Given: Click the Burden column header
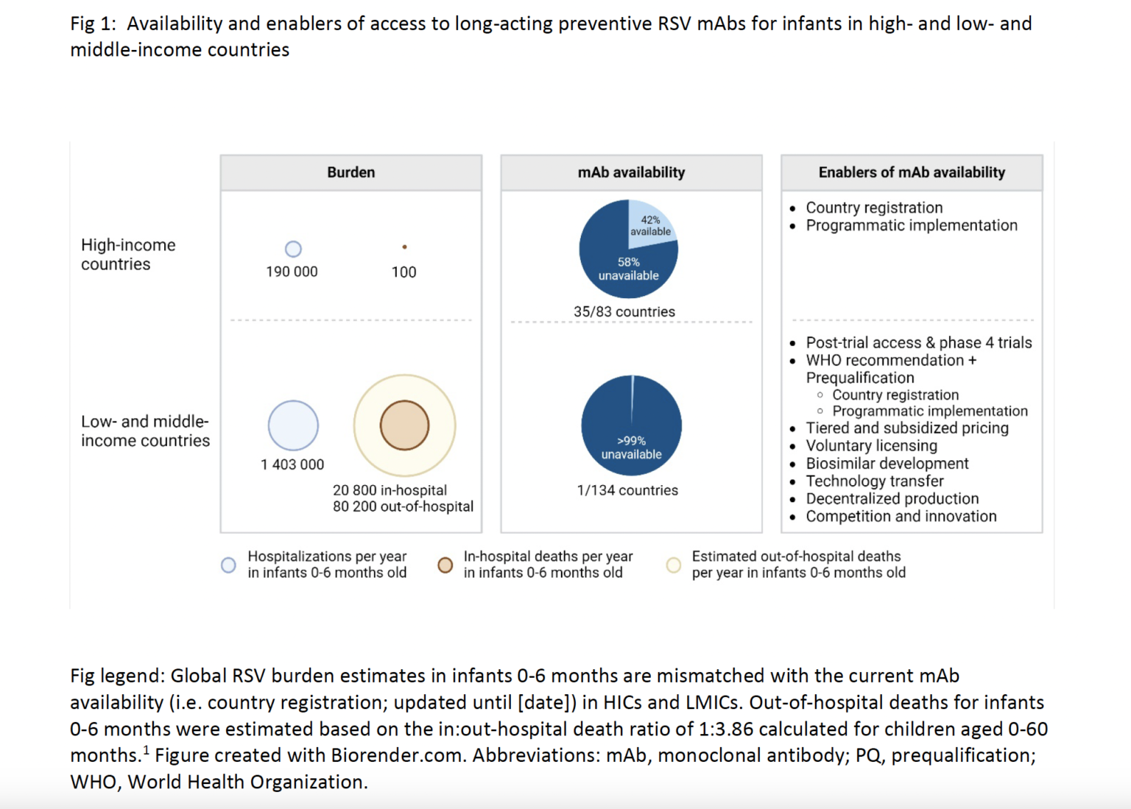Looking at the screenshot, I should pos(350,172).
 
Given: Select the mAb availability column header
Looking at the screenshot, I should pos(631,172).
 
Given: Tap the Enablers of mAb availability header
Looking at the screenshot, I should pos(912,172).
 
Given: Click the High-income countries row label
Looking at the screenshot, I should pos(128,255).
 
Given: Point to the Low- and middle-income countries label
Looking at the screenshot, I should pos(145,431).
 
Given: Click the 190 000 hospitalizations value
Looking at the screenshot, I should pos(292,272).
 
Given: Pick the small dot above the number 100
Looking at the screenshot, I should pos(404,247).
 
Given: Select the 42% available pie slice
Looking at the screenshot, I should pos(650,224).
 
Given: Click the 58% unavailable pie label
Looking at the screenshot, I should pos(628,269).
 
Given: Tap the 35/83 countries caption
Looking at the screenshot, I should pos(624,311).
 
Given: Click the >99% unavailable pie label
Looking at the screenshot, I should pos(631,448).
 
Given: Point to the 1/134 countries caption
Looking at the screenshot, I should pos(627,490).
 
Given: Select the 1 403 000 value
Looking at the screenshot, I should pos(292,464).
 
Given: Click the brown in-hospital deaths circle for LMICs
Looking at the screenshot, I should pos(404,425).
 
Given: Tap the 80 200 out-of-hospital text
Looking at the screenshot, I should pos(403,506).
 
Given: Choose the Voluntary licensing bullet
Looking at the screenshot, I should pos(871,445).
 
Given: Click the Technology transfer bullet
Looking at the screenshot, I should pos(874,481).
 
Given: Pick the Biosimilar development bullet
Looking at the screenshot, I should pos(887,463).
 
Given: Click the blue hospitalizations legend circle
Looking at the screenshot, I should pos(229,565).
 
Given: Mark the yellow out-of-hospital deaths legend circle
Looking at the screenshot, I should pos(673,565).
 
